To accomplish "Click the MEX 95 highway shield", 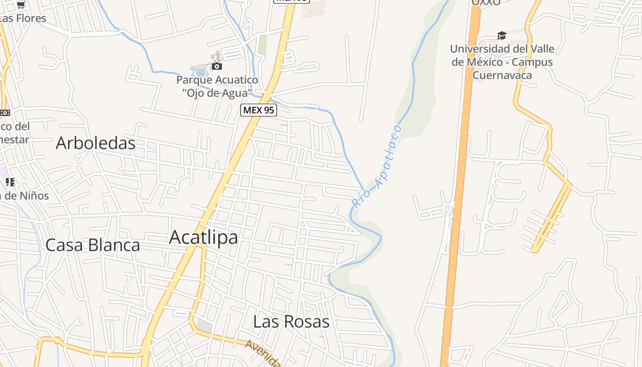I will [259, 110].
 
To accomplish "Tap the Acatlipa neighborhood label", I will [203, 237].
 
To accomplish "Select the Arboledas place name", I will [95, 143].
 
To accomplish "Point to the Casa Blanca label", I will [93, 245].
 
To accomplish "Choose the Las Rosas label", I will [291, 322].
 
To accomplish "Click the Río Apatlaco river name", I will [376, 167].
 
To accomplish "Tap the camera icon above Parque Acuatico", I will [216, 67].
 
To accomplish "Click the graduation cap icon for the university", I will [502, 36].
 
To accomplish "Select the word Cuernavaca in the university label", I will [502, 75].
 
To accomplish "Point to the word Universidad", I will [480, 49].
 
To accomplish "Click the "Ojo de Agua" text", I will [217, 93].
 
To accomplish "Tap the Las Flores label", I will [23, 18].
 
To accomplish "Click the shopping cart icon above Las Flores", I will [21, 5].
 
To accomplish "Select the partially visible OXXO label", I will [486, 2].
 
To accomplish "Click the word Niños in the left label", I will [33, 196].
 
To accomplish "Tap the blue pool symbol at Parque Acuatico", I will [200, 72].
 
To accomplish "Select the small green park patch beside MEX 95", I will [262, 45].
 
